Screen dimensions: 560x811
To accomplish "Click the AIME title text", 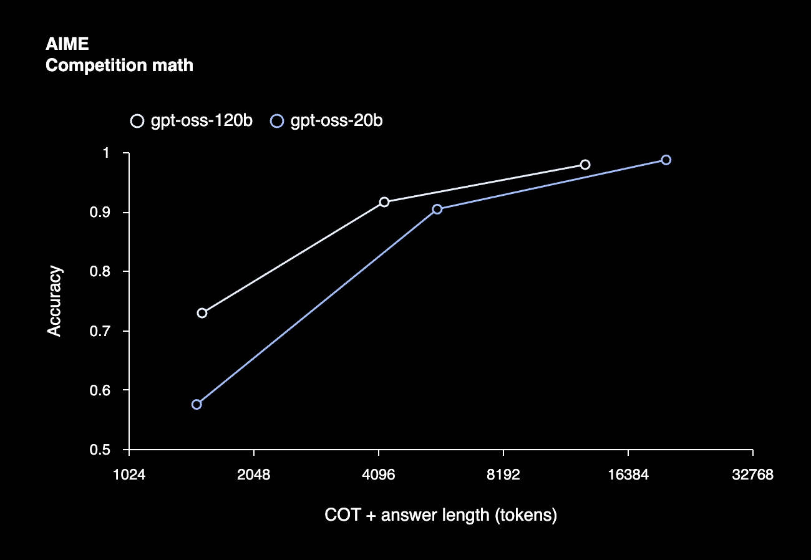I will [67, 44].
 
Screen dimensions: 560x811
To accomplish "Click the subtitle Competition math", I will [119, 65].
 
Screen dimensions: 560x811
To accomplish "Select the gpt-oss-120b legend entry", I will [192, 121].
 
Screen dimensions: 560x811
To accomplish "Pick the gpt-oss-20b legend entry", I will [328, 121].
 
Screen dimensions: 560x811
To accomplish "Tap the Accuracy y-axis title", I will [55, 301].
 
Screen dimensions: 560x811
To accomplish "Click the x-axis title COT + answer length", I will [440, 516].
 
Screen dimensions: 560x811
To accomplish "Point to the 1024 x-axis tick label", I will [129, 475].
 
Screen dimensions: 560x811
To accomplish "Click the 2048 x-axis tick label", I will [253, 475].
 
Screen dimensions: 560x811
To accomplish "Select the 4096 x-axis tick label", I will [378, 475].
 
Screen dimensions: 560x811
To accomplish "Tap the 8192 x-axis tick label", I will [503, 475].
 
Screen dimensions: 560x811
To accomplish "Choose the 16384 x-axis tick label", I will [628, 475].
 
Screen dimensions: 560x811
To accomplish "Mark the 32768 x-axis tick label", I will [752, 475].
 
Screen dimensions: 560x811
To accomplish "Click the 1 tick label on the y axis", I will [106, 153].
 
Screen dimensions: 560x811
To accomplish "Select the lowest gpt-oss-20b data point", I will [197, 405].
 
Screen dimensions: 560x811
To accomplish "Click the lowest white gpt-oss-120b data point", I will [202, 313].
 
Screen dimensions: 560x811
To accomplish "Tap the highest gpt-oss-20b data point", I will [666, 160].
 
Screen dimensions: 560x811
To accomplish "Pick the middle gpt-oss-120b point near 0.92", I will [384, 202].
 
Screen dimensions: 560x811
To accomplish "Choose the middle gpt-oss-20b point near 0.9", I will [437, 209].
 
